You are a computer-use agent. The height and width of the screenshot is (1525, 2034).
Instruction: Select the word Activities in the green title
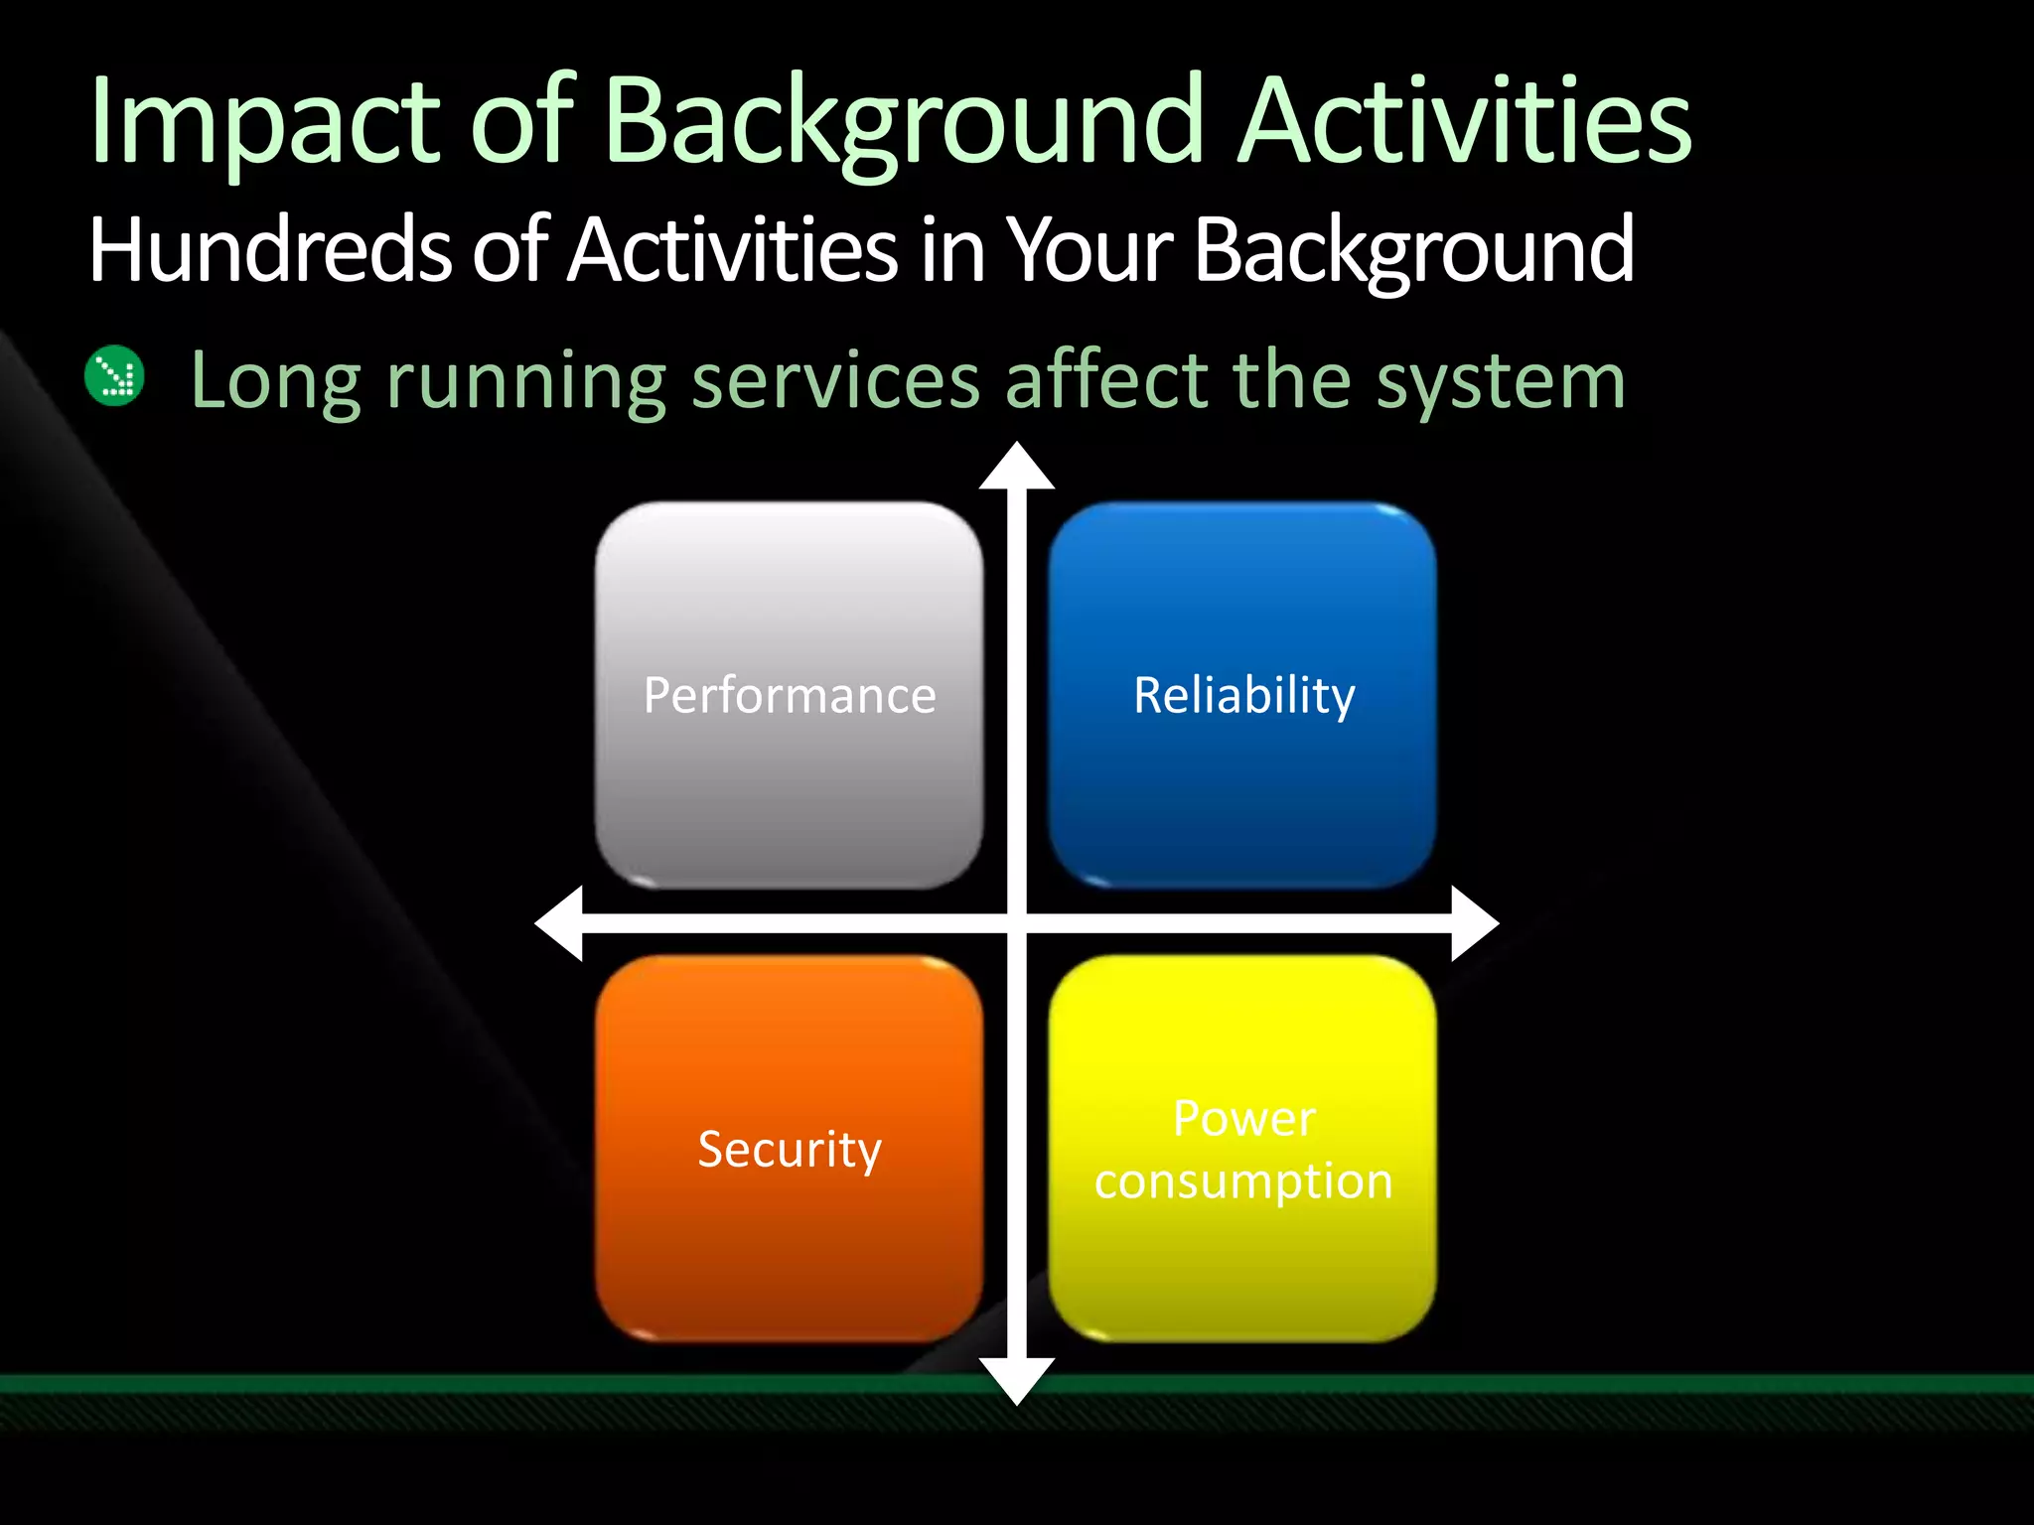click(1465, 121)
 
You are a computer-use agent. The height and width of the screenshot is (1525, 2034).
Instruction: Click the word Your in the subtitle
click(1090, 250)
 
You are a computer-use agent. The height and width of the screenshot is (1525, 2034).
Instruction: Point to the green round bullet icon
click(115, 376)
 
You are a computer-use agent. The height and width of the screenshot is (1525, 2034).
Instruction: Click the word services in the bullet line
click(835, 380)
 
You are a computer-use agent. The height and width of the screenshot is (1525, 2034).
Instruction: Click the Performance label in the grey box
click(790, 695)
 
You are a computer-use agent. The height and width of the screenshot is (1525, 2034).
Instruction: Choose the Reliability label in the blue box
click(1243, 695)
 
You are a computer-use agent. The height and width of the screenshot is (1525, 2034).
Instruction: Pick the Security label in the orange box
click(790, 1149)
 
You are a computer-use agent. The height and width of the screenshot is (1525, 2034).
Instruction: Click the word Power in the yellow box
click(1243, 1119)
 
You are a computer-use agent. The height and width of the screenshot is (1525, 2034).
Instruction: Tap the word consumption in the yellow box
click(1243, 1181)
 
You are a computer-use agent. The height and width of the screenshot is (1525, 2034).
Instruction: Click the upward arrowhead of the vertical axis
click(1017, 468)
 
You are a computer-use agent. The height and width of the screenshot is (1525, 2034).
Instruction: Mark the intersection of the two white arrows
click(1017, 923)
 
